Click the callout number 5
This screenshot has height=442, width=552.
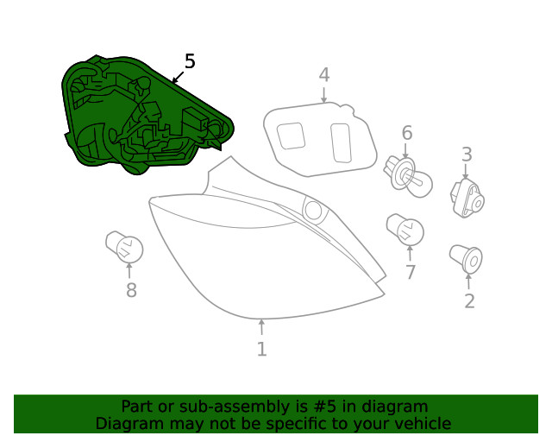190,61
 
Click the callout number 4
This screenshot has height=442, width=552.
323,75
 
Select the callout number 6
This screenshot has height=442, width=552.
406,133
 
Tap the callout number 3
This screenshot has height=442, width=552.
467,155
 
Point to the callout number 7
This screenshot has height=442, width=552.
411,273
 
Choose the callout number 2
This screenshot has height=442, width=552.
469,301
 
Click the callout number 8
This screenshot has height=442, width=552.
131,291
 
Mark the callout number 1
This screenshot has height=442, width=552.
261,349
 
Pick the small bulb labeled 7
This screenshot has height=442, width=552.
405,230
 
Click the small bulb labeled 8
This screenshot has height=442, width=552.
124,247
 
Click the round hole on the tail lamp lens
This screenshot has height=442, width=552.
312,210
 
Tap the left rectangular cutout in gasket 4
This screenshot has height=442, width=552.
292,136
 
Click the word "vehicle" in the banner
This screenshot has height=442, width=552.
420,424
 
